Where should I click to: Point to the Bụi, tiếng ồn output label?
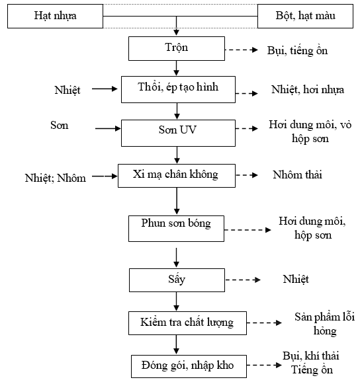pos(298,51)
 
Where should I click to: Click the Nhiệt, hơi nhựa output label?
pos(308,90)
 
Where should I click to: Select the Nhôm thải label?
pos(298,175)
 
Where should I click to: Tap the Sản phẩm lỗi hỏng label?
pos(325,324)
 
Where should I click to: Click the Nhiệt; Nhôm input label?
pos(56,178)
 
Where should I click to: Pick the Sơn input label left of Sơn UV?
pos(60,125)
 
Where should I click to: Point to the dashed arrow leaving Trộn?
pos(242,50)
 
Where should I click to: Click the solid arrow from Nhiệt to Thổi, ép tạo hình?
pos(105,89)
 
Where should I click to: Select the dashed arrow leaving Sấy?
pos(243,280)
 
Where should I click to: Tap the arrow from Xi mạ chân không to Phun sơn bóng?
pos(177,201)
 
